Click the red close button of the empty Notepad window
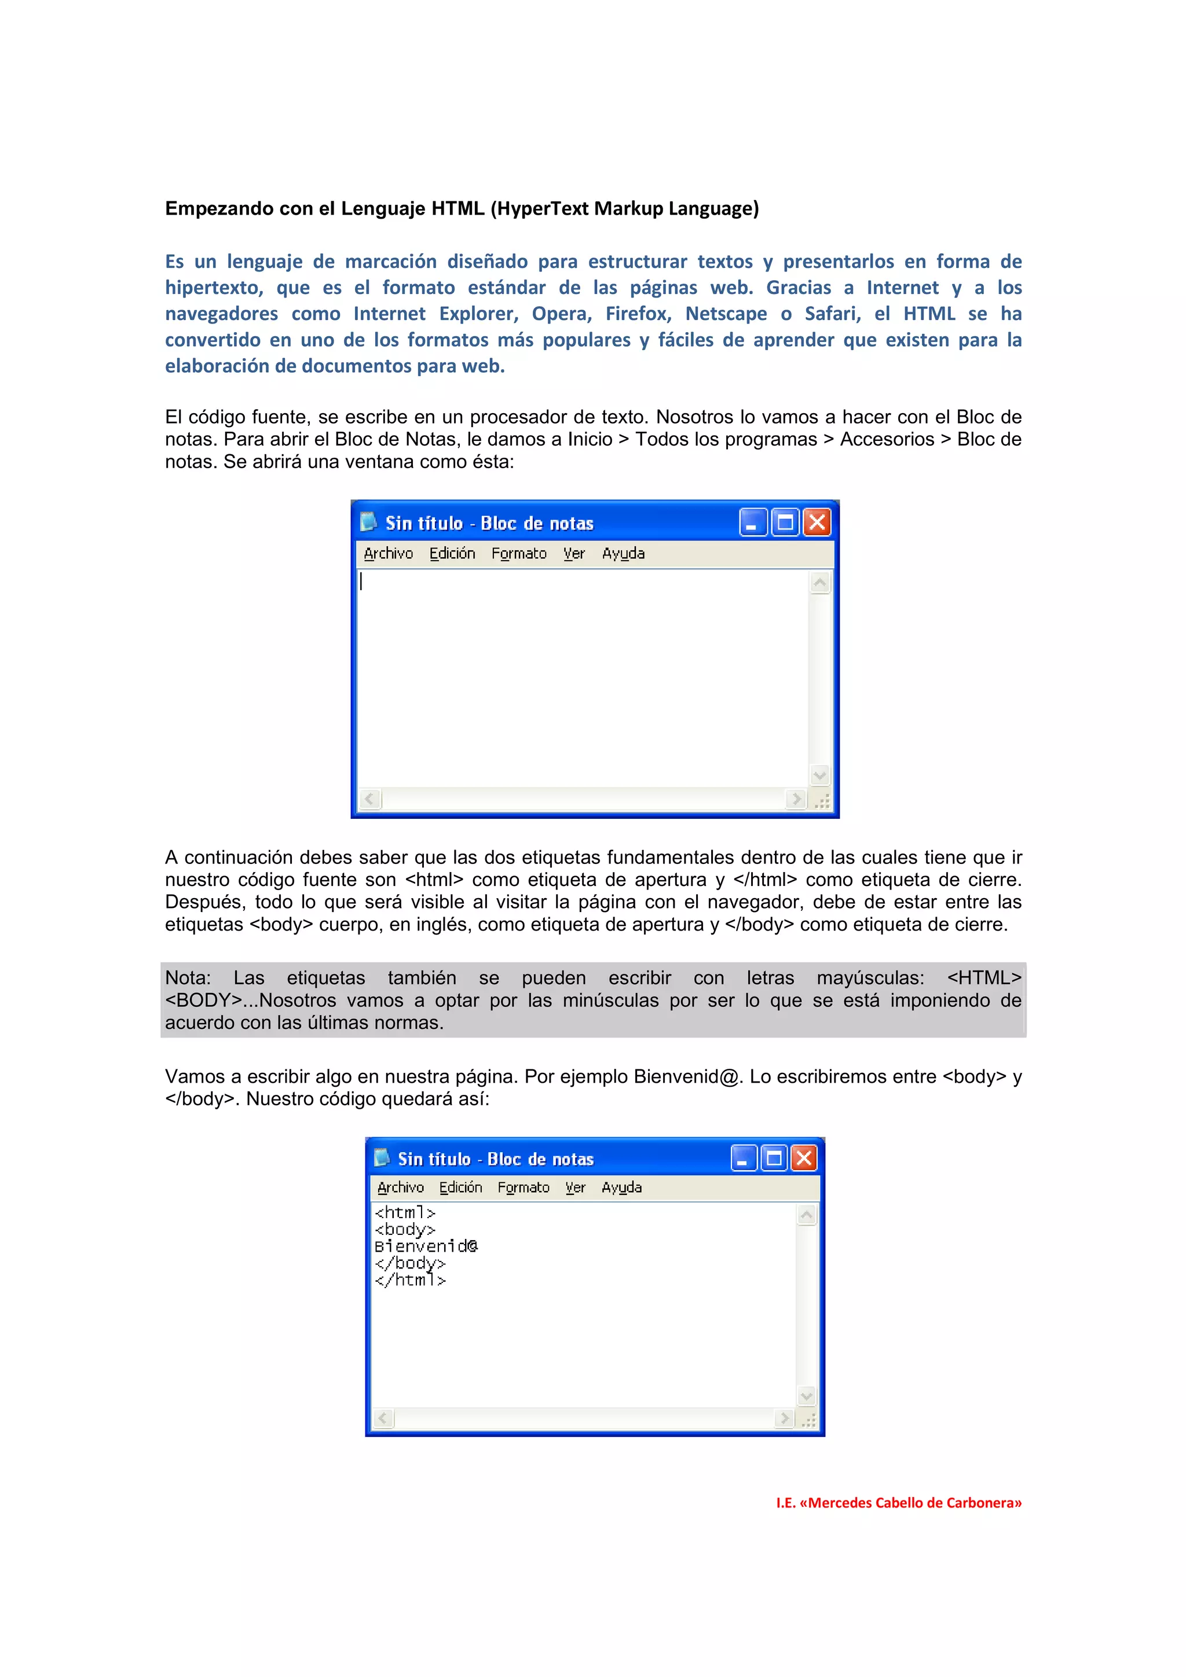[x=817, y=522]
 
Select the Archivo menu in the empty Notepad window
[x=388, y=554]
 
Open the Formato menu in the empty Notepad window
[x=519, y=554]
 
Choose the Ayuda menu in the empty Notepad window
[x=623, y=554]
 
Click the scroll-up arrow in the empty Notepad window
[x=820, y=583]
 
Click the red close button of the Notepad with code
[x=804, y=1158]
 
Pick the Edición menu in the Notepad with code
[x=460, y=1187]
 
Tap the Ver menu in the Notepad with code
[x=575, y=1187]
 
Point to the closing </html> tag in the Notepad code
[x=410, y=1279]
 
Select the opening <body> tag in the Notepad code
[x=405, y=1229]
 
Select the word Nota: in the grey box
[x=188, y=978]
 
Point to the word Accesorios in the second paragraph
[x=887, y=440]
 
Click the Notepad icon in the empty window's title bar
[x=368, y=521]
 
